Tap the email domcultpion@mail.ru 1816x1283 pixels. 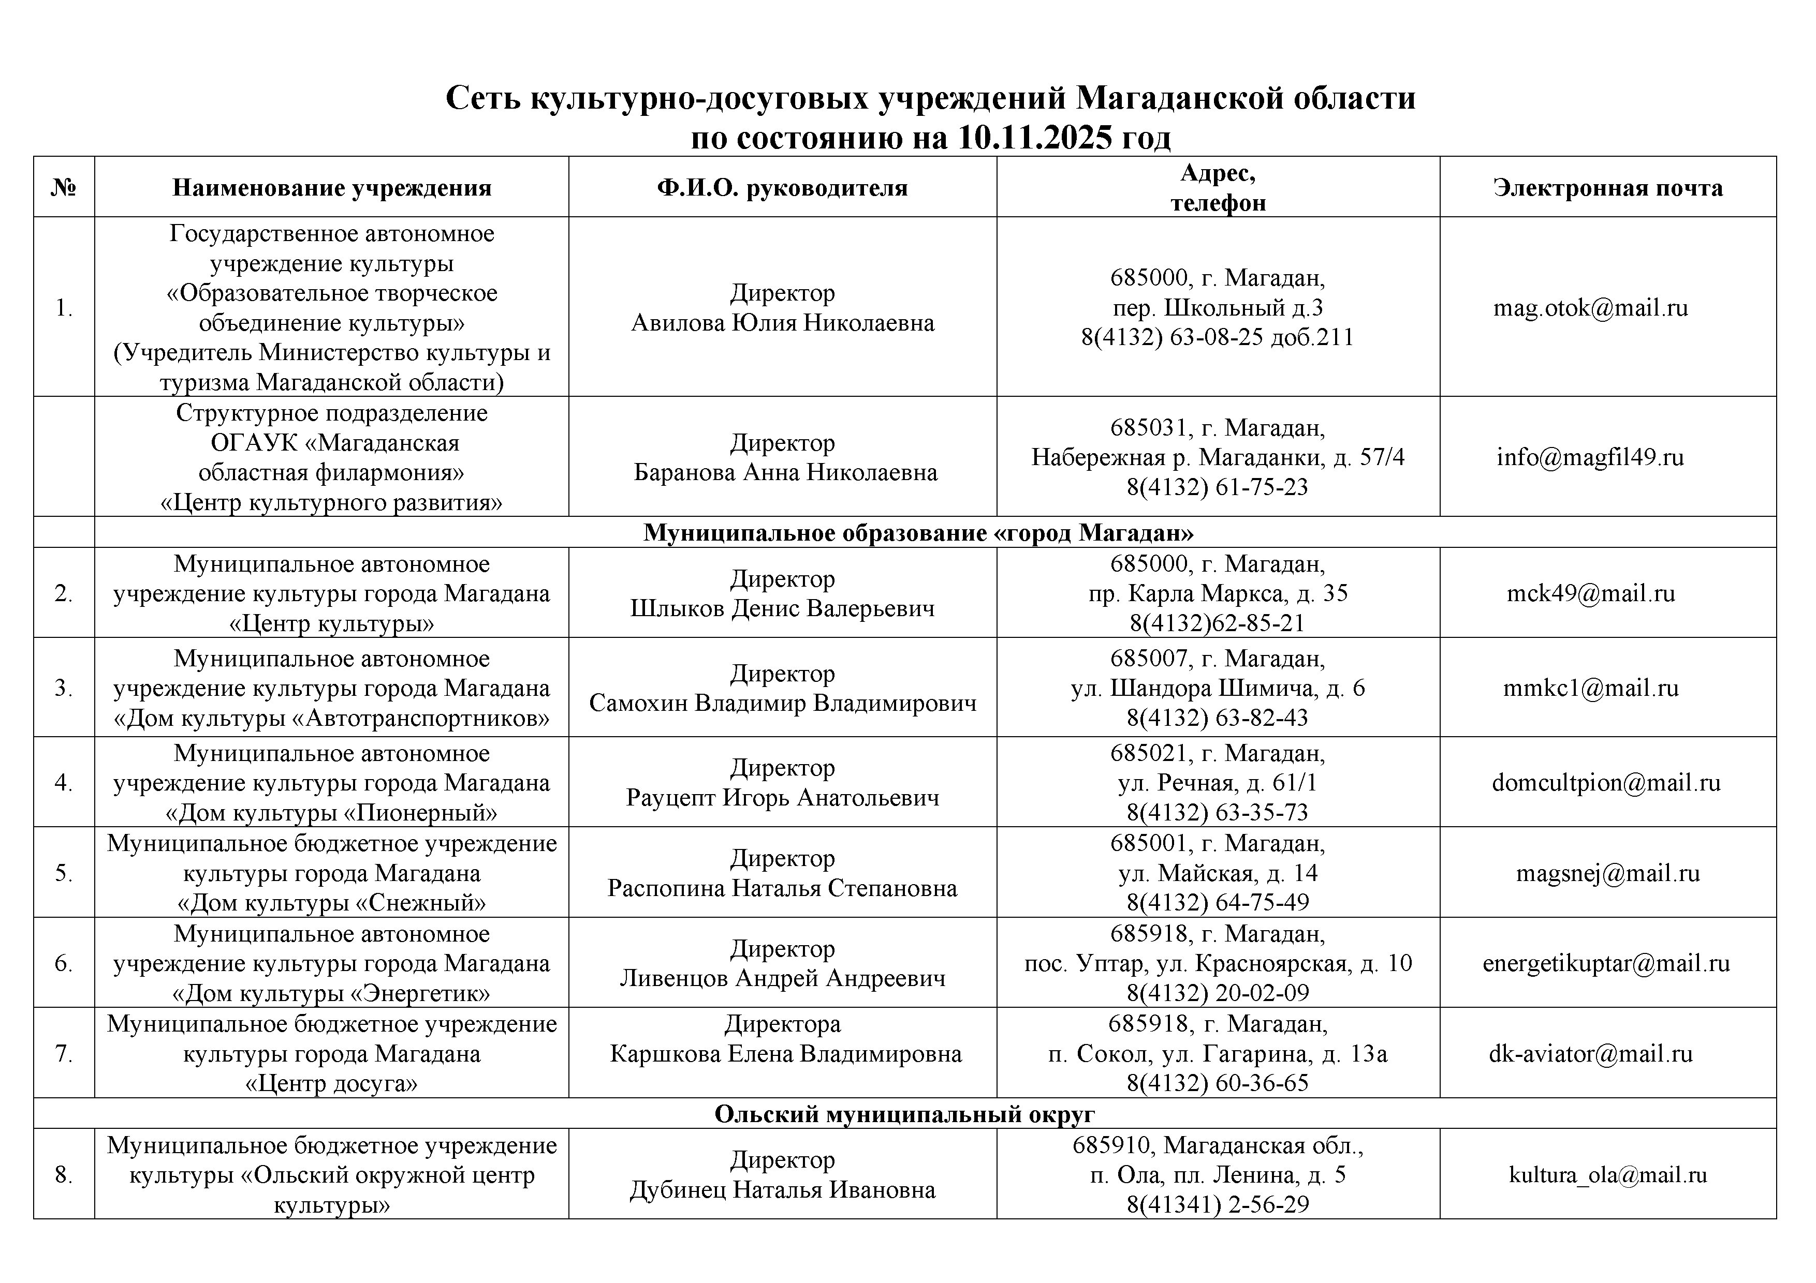(1606, 783)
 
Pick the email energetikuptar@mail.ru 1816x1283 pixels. (1606, 963)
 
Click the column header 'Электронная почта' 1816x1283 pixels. (1608, 187)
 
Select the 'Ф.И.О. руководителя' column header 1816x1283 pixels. (782, 187)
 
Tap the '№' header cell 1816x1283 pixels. (63, 187)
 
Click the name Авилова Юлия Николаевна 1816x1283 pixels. (782, 322)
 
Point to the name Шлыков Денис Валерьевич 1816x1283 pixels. (782, 608)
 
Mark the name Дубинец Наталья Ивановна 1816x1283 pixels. (782, 1190)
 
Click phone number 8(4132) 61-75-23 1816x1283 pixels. (1217, 487)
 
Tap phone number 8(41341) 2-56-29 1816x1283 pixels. (1217, 1204)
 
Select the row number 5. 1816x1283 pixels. (63, 873)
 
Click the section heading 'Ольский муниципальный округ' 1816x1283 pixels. (905, 1114)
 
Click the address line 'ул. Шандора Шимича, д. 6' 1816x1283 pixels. (1217, 688)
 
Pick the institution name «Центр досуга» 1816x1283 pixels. (331, 1083)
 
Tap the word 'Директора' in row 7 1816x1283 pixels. (782, 1024)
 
